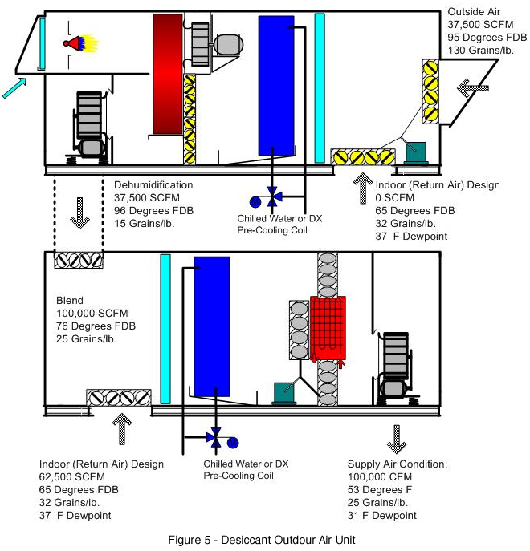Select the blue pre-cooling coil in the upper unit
tap(276, 85)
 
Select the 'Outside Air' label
tap(471, 14)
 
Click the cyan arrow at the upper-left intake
tap(13, 87)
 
